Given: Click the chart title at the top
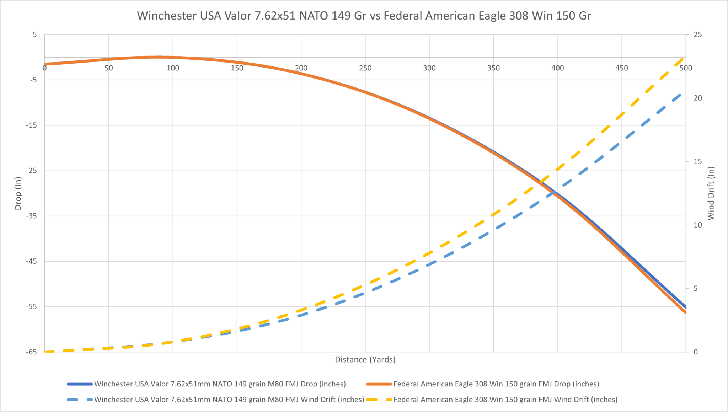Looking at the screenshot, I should tap(364, 16).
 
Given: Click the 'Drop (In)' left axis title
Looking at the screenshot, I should tap(18, 193).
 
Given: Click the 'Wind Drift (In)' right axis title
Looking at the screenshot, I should tap(711, 193).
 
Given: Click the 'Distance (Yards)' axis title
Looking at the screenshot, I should tap(365, 359).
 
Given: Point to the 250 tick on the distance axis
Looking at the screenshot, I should tap(365, 68).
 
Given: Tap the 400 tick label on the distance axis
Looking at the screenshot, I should tap(557, 68).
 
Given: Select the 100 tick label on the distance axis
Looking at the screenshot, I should tap(173, 68).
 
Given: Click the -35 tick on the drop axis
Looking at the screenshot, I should tap(32, 216).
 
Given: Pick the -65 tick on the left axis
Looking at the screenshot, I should tap(32, 352).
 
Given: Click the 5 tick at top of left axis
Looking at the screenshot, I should tap(34, 34).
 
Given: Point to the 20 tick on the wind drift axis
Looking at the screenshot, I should tap(698, 98).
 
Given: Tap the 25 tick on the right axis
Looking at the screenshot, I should tap(698, 34).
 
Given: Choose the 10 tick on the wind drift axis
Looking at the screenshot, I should tap(698, 225).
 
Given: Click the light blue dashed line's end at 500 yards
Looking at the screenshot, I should tap(681, 94).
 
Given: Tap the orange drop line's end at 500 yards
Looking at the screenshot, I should tap(685, 312).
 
